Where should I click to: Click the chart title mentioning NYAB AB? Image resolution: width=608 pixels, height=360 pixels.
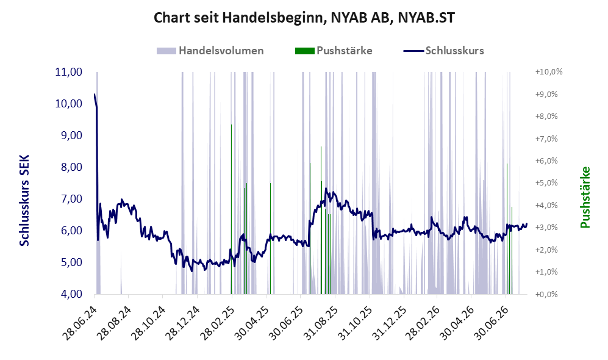coord(304,18)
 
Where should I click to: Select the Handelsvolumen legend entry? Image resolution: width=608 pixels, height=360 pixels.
coord(210,51)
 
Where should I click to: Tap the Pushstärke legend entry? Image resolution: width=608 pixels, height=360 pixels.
coord(334,51)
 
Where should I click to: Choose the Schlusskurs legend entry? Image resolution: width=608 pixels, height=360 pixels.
coord(443,51)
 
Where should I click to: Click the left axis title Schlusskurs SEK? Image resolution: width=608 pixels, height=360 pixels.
coord(24,201)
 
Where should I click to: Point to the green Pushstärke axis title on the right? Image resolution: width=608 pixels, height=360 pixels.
coord(585,197)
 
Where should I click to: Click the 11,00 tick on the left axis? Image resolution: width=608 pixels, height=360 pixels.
coord(69,72)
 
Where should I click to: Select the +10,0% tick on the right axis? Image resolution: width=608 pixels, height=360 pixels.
coord(549,72)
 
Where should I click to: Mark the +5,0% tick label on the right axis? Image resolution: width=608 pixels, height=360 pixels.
coord(546,182)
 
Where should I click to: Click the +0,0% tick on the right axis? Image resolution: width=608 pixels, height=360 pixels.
coord(546,294)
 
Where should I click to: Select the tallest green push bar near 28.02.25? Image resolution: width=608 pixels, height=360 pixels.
coord(232,209)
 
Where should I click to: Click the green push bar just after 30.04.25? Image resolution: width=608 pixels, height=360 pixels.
coord(270,238)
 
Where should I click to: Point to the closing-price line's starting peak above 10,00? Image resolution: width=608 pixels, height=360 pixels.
coord(95,94)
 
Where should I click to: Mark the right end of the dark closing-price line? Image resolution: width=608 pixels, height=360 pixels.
coord(526,224)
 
